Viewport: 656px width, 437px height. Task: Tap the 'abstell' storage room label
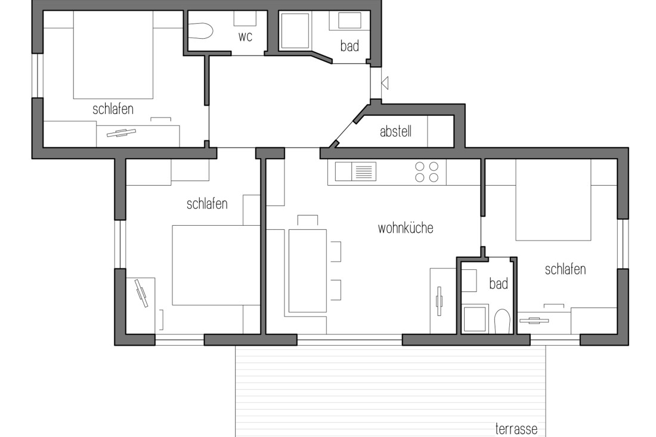point(395,132)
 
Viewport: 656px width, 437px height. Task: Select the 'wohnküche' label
point(405,228)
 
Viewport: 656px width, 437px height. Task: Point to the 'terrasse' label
point(516,429)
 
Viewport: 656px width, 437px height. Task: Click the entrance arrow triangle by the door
point(385,82)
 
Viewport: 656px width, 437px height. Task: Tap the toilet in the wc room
point(202,31)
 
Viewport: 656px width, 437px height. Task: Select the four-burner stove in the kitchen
point(427,172)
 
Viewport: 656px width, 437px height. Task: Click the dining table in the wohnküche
point(307,270)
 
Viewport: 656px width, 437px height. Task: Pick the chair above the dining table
point(307,221)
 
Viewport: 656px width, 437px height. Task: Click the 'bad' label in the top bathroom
point(349,45)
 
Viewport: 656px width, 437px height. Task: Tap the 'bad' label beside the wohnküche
point(498,284)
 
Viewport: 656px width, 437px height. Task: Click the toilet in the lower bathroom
point(502,321)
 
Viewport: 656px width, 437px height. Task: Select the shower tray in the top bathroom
point(295,31)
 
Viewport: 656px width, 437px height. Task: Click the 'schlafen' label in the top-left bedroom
point(113,109)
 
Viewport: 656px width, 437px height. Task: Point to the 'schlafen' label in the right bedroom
point(565,269)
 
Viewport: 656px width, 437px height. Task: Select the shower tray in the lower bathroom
point(475,318)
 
